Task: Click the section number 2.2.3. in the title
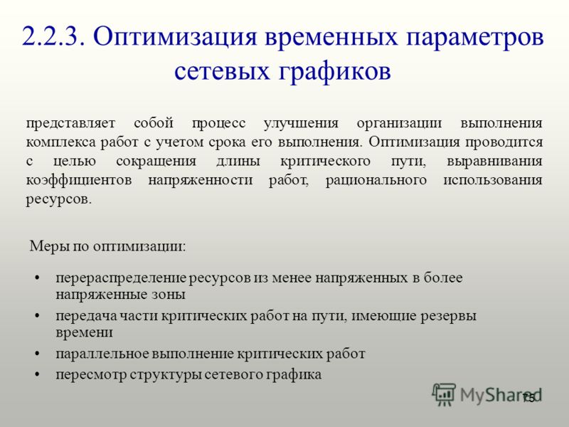(54, 37)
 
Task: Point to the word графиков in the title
(334, 72)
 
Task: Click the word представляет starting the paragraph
(70, 123)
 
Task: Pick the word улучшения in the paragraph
(301, 123)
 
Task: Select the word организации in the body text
(399, 124)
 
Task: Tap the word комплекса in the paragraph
(60, 142)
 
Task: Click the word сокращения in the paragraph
(156, 162)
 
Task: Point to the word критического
(325, 162)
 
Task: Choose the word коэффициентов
(79, 181)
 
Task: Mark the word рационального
(376, 181)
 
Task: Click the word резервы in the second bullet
(449, 316)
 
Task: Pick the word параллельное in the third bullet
(102, 354)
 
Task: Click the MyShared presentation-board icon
(444, 394)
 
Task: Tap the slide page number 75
(528, 399)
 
